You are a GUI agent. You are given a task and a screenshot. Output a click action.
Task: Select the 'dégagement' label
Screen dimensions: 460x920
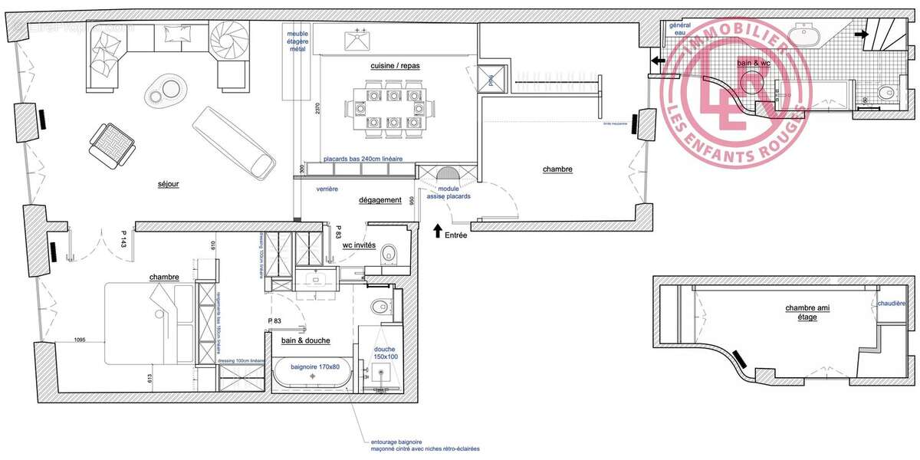[380, 200]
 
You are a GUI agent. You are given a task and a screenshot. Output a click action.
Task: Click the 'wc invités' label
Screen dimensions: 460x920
[358, 245]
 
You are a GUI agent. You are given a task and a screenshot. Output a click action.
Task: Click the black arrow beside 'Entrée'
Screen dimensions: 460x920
[437, 229]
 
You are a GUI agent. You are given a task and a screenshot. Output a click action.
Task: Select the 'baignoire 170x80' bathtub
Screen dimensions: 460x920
[313, 373]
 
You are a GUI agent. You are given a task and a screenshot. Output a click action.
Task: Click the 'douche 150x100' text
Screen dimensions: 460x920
[386, 352]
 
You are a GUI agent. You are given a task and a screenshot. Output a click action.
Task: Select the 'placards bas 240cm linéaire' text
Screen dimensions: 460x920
[357, 159]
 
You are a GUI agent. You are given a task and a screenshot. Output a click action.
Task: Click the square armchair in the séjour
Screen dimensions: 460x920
[111, 145]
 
